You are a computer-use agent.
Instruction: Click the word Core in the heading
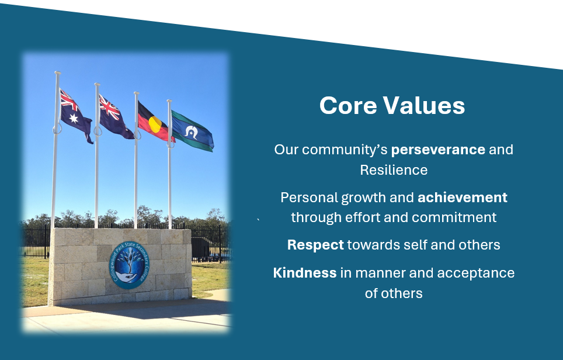point(348,106)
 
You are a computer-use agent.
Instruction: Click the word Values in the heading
point(423,106)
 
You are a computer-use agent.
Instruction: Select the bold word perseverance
point(438,150)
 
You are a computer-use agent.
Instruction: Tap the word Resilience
point(394,170)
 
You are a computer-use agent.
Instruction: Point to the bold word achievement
point(463,198)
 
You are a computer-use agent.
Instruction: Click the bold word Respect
point(315,245)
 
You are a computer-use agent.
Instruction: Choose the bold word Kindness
point(304,273)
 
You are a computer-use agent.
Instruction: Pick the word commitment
point(454,217)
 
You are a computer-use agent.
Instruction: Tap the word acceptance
point(476,274)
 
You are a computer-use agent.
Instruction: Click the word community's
point(345,150)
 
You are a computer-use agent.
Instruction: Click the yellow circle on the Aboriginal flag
point(155,124)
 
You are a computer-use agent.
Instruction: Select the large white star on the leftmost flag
point(74,118)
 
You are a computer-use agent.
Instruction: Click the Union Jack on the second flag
point(109,107)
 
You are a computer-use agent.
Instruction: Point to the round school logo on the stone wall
point(129,265)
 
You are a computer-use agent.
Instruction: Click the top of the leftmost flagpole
point(57,73)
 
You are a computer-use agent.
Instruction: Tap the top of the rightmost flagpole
point(169,101)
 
